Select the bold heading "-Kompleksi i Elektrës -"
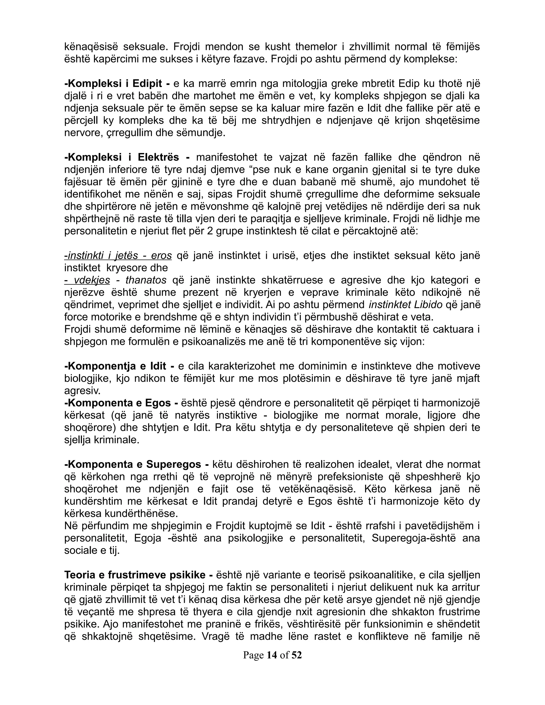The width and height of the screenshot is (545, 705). (127, 157)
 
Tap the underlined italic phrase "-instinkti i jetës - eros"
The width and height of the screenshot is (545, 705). (118, 256)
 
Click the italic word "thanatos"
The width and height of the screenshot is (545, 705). (146, 280)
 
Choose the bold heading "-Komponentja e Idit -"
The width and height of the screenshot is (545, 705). (119, 366)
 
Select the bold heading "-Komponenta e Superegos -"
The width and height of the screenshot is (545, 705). (137, 465)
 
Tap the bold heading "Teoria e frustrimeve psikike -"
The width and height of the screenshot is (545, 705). (138, 575)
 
